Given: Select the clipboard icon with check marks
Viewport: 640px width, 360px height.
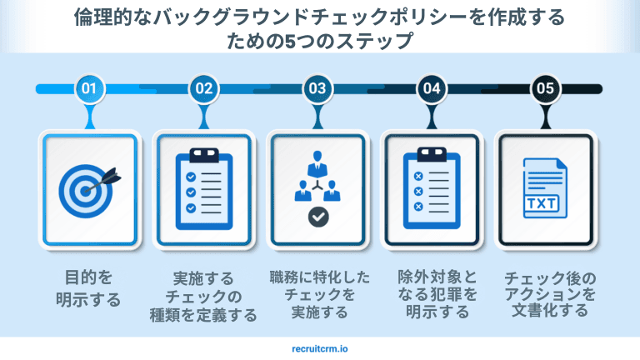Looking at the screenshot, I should (x=203, y=187).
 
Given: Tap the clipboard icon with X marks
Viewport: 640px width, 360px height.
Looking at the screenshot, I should (x=432, y=187).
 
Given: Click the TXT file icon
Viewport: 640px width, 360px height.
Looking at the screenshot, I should (x=544, y=187).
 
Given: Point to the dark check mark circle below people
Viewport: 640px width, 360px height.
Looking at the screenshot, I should (x=317, y=218).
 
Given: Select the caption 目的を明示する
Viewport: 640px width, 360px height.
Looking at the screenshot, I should (x=88, y=288).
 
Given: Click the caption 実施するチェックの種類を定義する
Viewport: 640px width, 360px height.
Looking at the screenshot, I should (x=203, y=297).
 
